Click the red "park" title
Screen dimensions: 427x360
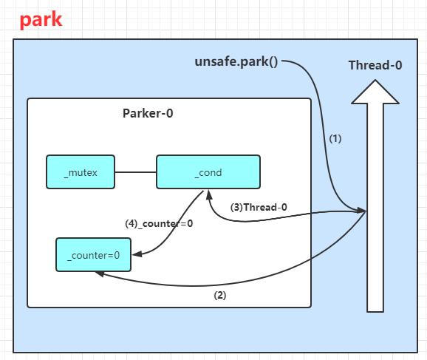point(41,20)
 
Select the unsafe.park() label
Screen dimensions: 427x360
point(236,61)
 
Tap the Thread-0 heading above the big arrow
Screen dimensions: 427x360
point(375,65)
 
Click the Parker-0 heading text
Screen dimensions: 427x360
point(148,113)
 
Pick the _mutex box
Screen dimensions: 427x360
point(81,172)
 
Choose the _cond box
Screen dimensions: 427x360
point(208,172)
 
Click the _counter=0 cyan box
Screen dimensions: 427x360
point(93,255)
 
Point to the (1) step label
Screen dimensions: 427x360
point(335,138)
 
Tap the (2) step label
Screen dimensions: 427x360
point(220,295)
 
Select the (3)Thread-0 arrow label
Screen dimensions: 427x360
point(259,208)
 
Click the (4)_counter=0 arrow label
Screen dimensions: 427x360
point(159,224)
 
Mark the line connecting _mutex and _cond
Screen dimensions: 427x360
point(136,172)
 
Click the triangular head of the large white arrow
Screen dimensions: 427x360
point(375,92)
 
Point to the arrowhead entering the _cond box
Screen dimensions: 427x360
point(209,195)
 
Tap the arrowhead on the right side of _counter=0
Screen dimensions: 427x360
point(137,254)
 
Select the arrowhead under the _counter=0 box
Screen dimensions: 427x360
point(100,274)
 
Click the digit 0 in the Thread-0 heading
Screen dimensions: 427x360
point(398,65)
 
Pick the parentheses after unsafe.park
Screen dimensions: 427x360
point(273,62)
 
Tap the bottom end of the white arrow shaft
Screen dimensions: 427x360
point(375,312)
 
